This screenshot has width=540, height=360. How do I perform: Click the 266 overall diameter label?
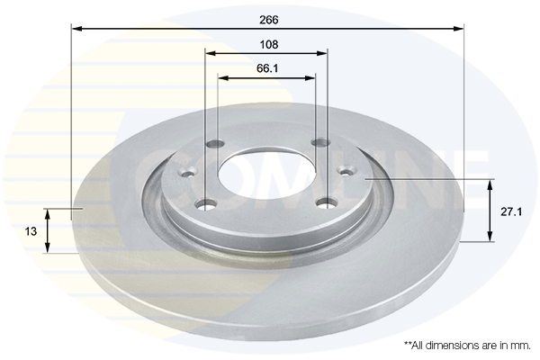[x=268, y=20]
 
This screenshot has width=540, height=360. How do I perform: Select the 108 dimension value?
[x=268, y=44]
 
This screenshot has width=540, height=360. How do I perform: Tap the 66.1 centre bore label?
[x=267, y=68]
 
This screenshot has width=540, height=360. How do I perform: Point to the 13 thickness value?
[x=31, y=231]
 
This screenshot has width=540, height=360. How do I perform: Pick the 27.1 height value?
[x=511, y=211]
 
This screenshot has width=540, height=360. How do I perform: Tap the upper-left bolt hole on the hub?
[x=215, y=143]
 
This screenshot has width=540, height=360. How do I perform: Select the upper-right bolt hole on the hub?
[x=320, y=141]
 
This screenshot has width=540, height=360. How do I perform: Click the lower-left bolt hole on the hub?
[x=205, y=204]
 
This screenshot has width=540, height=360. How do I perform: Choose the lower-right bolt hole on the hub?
[x=327, y=203]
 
